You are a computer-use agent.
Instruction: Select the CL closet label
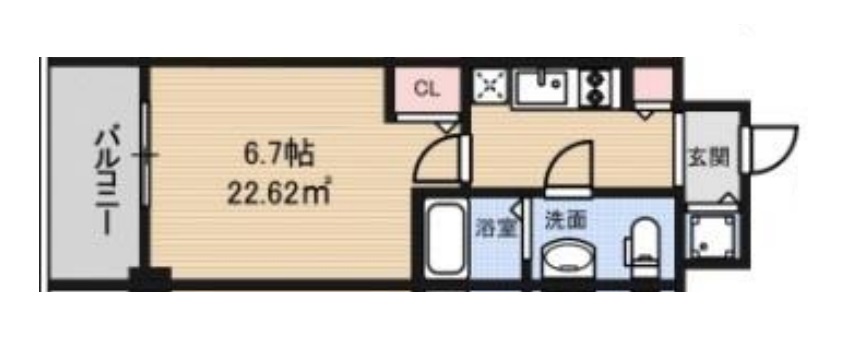click(x=426, y=88)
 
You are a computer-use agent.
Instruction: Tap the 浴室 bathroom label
click(x=496, y=226)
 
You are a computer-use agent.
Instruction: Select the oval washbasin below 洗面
click(x=568, y=262)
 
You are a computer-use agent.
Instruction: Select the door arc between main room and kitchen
click(x=440, y=158)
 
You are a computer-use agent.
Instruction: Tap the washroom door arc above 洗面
click(x=566, y=166)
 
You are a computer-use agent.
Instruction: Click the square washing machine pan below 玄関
click(x=711, y=241)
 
